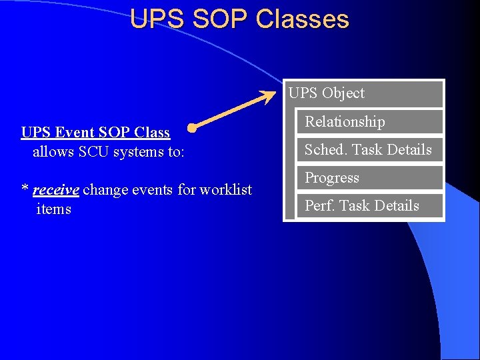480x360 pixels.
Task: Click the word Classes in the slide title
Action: click(302, 19)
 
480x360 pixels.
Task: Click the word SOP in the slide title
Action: click(217, 19)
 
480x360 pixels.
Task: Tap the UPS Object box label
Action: click(327, 93)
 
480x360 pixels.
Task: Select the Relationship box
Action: click(369, 122)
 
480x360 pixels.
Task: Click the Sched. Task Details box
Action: click(369, 150)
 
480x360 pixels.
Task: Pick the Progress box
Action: click(369, 178)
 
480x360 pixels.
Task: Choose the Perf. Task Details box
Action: click(369, 206)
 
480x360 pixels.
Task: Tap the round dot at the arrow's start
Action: click(192, 127)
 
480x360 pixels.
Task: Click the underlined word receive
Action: click(56, 190)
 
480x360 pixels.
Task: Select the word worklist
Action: click(227, 190)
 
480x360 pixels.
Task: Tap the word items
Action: click(53, 209)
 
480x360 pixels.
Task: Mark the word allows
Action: click(53, 151)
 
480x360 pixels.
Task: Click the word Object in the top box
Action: click(343, 93)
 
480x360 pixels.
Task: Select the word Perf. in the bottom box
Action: click(319, 206)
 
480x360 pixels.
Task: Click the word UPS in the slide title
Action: click(157, 19)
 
